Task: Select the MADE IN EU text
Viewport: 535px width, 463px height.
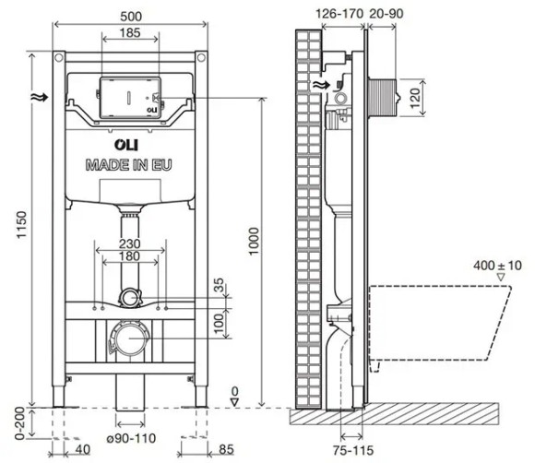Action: tap(128, 165)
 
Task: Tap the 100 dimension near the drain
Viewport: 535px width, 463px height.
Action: tap(218, 324)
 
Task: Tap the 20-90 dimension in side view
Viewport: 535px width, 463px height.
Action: tap(386, 14)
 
